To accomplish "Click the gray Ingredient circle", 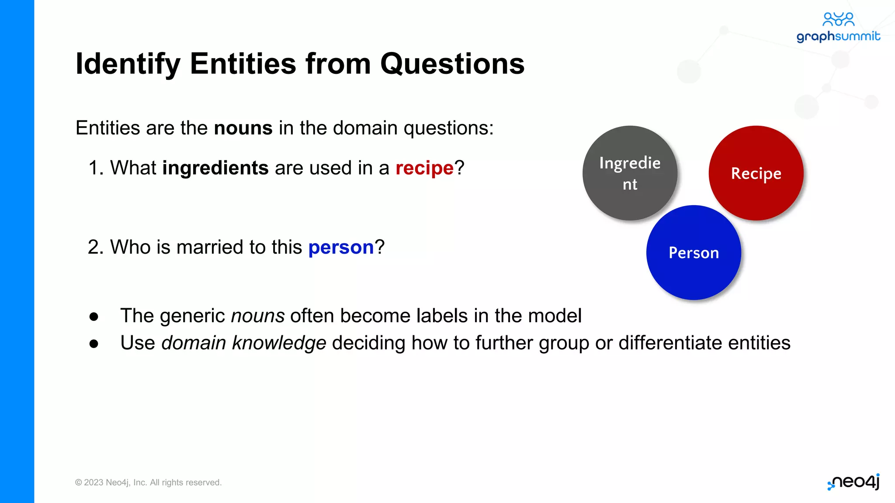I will [630, 173].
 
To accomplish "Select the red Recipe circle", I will [756, 173].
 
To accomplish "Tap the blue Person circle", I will [694, 252].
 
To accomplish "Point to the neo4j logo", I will [853, 482].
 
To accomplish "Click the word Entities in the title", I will [243, 64].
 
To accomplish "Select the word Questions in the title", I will [452, 64].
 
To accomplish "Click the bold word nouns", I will [243, 128].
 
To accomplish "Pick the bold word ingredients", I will [215, 168].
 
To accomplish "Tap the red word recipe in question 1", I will [424, 168].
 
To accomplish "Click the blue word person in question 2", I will [341, 248].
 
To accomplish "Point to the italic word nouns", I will [258, 316].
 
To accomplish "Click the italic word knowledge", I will [279, 343].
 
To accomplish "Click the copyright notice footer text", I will [148, 482].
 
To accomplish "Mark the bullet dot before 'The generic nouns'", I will [94, 317].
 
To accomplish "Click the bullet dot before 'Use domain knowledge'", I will [94, 344].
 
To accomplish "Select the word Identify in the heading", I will [128, 64].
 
